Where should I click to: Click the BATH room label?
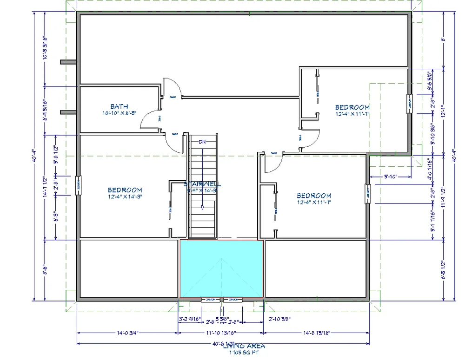[119, 106]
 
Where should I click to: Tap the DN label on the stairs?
[202, 142]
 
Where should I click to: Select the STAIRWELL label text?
[203, 184]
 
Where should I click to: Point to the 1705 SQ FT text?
[244, 353]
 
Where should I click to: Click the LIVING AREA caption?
[244, 346]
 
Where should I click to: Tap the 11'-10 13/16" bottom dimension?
[221, 333]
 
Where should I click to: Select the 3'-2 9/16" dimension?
[189, 319]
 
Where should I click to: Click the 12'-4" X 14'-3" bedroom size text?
[125, 196]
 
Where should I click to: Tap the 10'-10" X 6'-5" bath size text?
[119, 113]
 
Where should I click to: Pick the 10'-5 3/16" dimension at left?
[45, 48]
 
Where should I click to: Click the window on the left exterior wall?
[78, 186]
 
